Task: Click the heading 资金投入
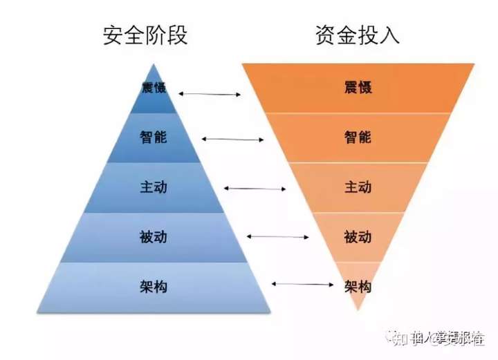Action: pos(358,35)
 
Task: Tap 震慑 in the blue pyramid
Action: pos(152,89)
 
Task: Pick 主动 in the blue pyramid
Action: pos(152,187)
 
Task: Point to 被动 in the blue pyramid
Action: pos(152,237)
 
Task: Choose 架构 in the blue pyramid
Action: pos(152,285)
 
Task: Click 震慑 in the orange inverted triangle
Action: pos(358,88)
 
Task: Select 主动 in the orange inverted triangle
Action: pos(358,187)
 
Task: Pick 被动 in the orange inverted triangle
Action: pos(358,237)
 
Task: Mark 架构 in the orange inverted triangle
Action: pos(358,285)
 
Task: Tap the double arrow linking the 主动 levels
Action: pos(255,188)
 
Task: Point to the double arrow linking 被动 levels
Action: pos(278,237)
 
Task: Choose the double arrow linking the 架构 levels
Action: pos(302,283)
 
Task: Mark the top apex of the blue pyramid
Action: pos(153,64)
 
